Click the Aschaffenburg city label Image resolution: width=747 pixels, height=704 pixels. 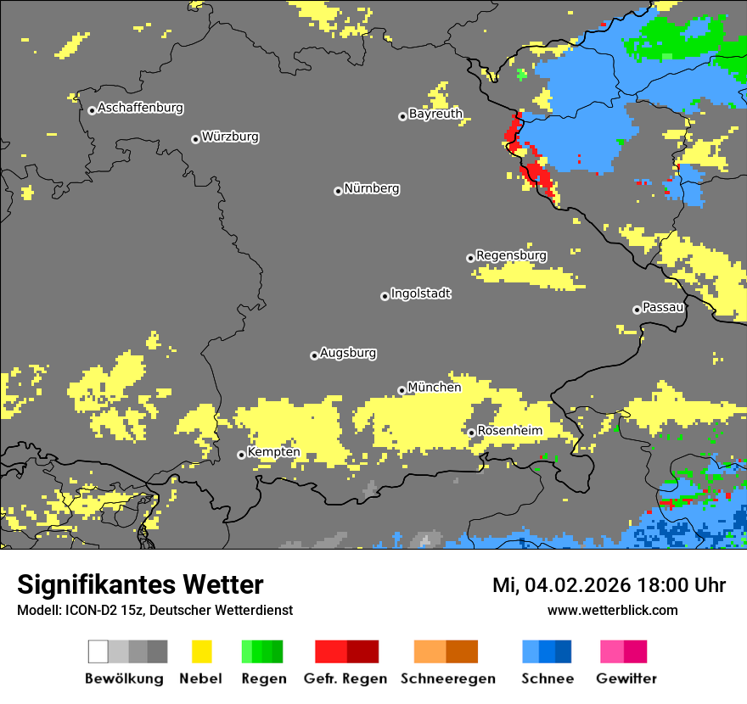coord(140,108)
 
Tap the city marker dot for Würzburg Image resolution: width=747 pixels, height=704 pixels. coord(195,139)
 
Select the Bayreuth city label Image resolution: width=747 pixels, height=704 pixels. coord(435,114)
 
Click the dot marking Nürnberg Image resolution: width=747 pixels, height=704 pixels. coord(338,191)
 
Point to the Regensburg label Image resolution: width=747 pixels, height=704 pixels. coord(511,255)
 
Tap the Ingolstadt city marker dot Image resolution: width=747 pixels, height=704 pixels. coord(385,296)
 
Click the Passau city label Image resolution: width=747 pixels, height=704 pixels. coord(663,307)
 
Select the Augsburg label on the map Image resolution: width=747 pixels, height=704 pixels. coord(348,353)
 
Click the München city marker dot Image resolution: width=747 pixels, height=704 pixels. coord(402,390)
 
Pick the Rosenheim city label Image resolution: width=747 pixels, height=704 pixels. coord(509,431)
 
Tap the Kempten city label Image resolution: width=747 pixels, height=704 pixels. coord(273,452)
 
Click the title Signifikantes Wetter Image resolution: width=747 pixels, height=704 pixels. coord(140,584)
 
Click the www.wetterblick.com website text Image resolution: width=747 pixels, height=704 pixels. coord(612,610)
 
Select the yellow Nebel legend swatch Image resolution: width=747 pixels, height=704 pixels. coord(201,651)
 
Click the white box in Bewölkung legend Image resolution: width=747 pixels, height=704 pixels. coord(98,651)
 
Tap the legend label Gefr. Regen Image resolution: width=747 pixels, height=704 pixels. coord(345,679)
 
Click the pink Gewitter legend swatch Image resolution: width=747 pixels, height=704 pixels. coord(612,651)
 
